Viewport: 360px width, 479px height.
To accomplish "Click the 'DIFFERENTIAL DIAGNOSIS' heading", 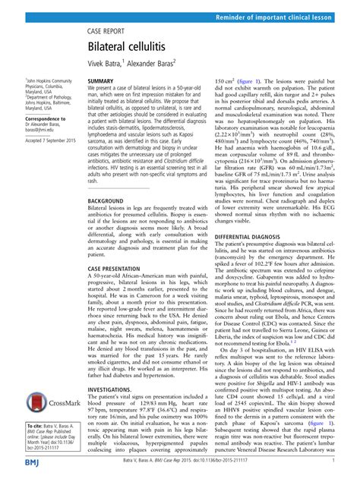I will click(x=270, y=238).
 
